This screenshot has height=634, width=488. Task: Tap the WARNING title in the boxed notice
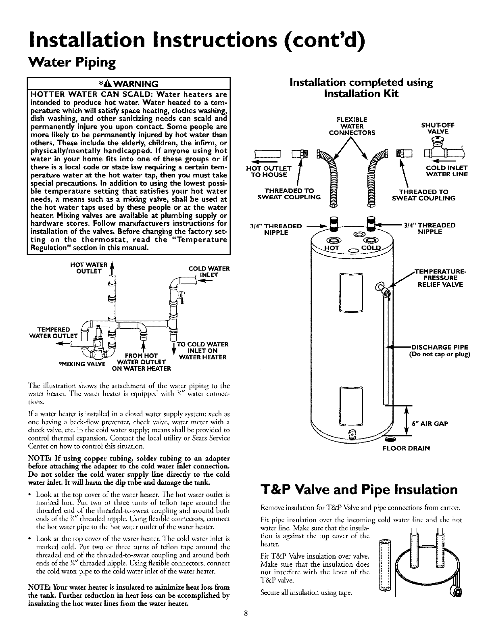tap(128, 84)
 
